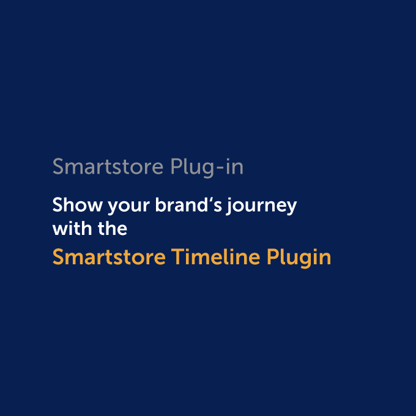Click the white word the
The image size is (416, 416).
click(x=111, y=229)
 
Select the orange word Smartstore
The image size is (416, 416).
click(x=109, y=257)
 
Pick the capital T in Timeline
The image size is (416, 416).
click(x=177, y=257)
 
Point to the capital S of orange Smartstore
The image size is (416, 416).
click(x=58, y=257)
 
